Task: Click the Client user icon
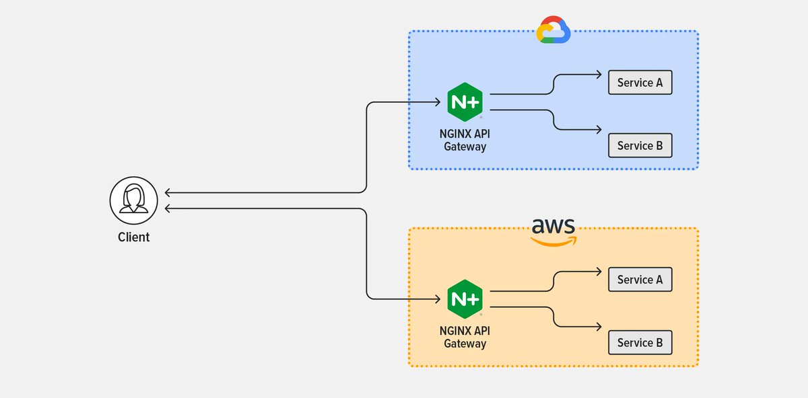point(134,200)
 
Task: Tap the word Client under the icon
point(134,237)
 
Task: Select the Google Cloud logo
point(553,30)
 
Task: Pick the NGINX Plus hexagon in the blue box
point(465,102)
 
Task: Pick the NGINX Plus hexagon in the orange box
point(465,299)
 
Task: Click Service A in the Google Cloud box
point(640,83)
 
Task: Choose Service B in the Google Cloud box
point(640,146)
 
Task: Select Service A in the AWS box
point(640,280)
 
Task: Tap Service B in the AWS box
point(640,343)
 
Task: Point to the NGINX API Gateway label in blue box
point(465,139)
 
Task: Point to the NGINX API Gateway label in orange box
point(465,337)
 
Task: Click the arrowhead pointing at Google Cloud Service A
point(598,75)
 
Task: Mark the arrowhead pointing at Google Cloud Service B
point(598,130)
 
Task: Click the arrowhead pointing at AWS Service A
point(598,272)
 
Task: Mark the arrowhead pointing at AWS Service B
point(598,327)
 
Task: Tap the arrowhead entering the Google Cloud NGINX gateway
point(438,103)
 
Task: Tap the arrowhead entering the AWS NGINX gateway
point(438,298)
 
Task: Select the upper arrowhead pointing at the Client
point(168,193)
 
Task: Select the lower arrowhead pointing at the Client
point(168,209)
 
